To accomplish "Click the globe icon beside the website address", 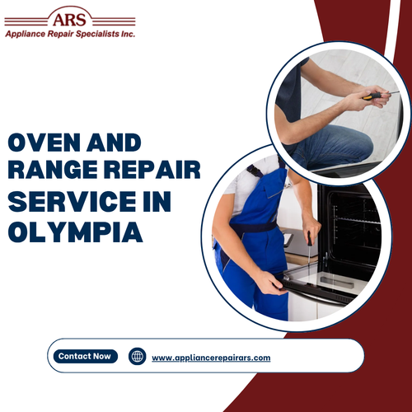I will (138, 357).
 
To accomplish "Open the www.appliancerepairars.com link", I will (211, 358).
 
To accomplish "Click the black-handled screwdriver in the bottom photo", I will (308, 251).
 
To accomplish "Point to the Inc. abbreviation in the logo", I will (128, 34).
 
